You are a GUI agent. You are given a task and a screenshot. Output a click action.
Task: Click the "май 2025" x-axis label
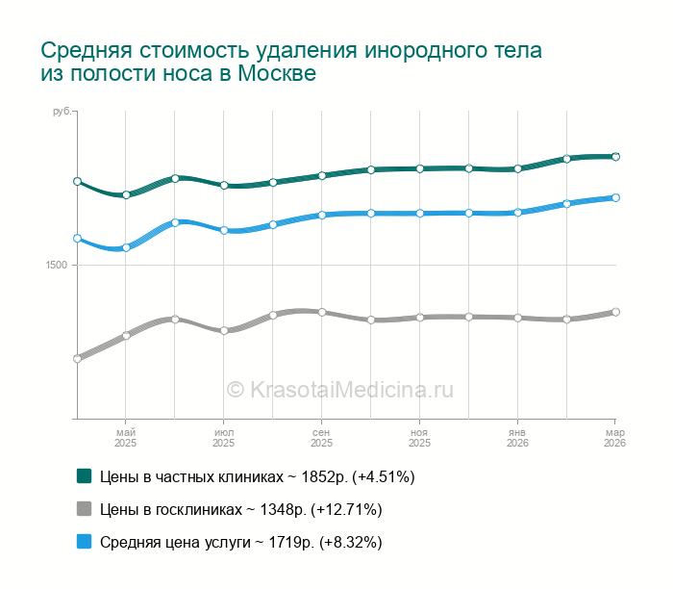tap(126, 438)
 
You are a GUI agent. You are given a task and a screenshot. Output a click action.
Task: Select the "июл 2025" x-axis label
tap(223, 438)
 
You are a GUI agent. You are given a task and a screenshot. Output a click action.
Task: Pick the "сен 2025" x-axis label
tap(321, 438)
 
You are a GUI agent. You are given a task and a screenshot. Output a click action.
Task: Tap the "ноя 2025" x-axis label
tap(419, 438)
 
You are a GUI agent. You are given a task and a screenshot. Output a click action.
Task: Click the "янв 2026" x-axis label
tap(517, 438)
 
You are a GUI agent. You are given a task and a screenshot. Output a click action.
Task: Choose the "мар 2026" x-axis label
tap(614, 438)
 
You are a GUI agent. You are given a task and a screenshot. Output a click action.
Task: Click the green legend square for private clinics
tap(84, 475)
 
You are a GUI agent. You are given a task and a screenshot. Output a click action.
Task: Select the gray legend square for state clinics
tap(84, 508)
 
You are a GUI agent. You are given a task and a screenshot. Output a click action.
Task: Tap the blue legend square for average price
tap(84, 541)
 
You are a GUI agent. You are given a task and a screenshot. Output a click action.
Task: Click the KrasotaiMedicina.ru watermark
tap(339, 390)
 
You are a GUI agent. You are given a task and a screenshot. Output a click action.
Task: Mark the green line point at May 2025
tap(126, 194)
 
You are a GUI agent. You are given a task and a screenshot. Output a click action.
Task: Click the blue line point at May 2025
tap(126, 247)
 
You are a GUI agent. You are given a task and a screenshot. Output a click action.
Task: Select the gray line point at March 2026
tap(615, 312)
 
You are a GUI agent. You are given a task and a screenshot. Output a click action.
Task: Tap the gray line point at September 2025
tap(322, 312)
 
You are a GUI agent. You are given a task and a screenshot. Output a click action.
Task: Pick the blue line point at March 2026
tap(615, 197)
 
